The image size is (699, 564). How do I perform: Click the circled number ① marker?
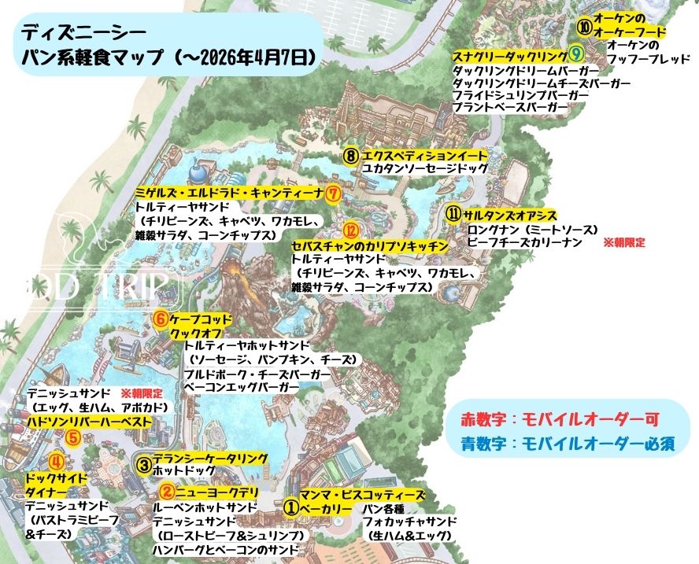point(291,508)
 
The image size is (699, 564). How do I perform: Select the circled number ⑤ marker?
point(72,438)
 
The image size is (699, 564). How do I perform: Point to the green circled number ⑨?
point(575,55)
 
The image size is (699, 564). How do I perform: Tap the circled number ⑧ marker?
point(352,155)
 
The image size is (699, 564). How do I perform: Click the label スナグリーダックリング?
point(509,56)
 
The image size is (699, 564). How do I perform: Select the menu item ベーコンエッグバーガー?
point(241,389)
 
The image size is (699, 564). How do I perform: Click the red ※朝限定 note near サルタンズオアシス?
point(623,243)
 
